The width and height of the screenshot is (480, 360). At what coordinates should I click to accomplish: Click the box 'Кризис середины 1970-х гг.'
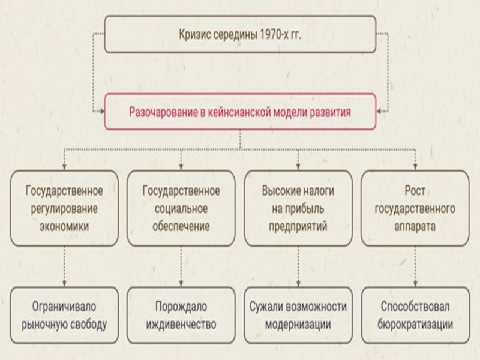[240, 34]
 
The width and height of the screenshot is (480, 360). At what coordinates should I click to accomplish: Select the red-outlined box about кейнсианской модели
[240, 112]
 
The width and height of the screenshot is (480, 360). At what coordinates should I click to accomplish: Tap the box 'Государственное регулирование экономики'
[64, 208]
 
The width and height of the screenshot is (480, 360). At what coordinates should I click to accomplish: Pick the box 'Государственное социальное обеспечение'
[181, 208]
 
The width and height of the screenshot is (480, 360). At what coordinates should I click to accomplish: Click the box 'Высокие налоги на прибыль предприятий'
[298, 208]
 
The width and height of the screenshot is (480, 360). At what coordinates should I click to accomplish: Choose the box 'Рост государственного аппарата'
[415, 208]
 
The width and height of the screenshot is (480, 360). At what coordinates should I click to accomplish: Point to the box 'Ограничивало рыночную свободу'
[64, 315]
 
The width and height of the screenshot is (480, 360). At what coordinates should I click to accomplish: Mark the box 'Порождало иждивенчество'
[181, 315]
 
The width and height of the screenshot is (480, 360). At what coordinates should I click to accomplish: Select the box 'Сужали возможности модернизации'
[298, 315]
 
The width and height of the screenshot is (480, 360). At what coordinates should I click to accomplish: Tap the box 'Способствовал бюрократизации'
[415, 315]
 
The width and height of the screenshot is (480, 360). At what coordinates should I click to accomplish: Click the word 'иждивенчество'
[181, 325]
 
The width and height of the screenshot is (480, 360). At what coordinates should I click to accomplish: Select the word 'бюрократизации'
[415, 325]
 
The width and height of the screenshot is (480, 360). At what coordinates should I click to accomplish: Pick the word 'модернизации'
[298, 325]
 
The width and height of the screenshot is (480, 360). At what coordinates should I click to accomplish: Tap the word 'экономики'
[64, 227]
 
